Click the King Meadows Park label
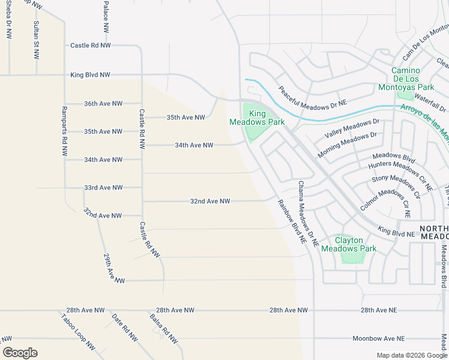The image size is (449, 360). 257,117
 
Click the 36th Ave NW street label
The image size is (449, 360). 103,103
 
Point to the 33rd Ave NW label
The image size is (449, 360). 103,188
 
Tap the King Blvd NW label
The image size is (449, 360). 90,75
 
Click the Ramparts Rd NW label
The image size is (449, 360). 64,131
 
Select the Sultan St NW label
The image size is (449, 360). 37,40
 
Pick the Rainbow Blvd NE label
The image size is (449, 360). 292,221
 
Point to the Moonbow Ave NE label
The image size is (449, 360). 379,338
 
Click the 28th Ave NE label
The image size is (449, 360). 379,310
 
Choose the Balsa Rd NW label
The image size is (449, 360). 163,329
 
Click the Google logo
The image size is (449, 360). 20,353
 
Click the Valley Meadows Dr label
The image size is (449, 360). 352,128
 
